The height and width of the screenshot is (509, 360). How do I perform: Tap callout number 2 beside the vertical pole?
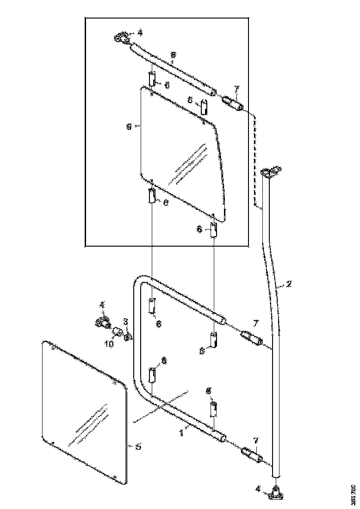point(289,284)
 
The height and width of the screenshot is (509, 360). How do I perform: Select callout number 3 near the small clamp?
point(125,321)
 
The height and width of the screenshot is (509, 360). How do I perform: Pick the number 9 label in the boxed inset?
point(130,125)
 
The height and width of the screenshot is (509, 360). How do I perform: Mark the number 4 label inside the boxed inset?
point(140,33)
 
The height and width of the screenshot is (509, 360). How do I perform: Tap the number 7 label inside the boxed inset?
point(237,88)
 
